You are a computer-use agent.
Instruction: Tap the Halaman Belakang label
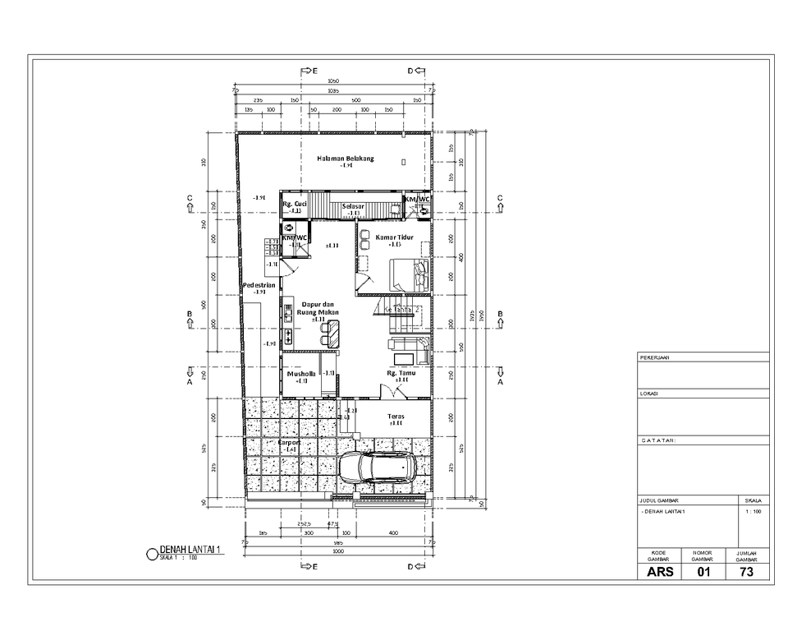click(346, 159)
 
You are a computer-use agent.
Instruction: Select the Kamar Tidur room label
click(394, 237)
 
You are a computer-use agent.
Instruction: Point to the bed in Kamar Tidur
click(408, 274)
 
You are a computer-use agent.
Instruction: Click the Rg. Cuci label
click(295, 204)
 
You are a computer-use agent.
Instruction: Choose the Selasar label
click(353, 206)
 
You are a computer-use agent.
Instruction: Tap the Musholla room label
click(297, 374)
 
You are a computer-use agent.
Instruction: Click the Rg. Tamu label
click(401, 373)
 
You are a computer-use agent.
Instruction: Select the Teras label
click(396, 417)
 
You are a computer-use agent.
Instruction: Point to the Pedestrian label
click(259, 285)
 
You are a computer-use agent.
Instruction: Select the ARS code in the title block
click(660, 572)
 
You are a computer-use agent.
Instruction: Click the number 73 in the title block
click(746, 572)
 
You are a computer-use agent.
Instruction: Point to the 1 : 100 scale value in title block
click(751, 512)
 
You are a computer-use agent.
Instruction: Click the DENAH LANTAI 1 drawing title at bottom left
click(190, 549)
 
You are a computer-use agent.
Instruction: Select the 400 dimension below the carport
click(393, 533)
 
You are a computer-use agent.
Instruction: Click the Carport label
click(289, 442)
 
